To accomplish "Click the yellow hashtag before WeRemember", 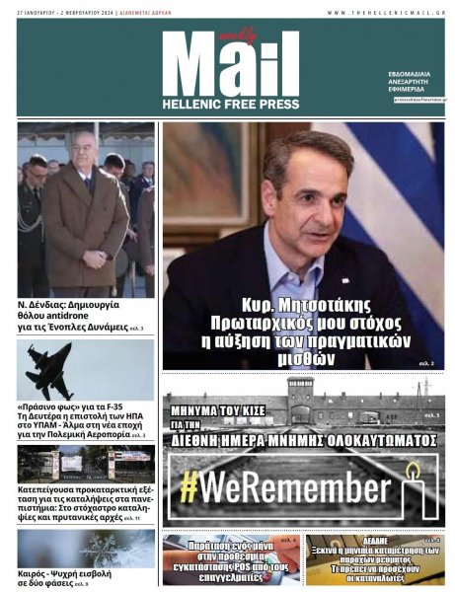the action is click(190, 487).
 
